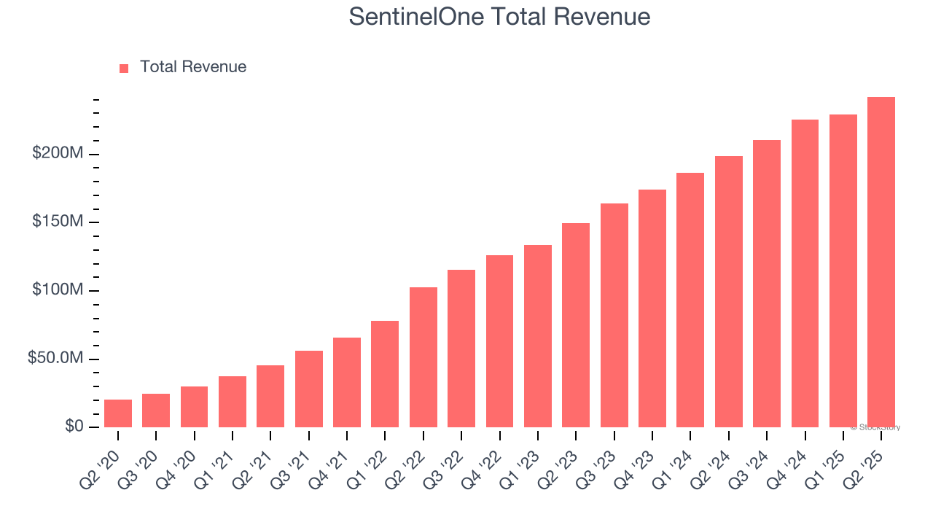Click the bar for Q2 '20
118,413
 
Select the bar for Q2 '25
881,262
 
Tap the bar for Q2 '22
423,357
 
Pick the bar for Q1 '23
538,336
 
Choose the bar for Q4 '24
805,273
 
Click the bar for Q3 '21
309,389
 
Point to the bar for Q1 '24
690,300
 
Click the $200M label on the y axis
58,154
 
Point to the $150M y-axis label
58,222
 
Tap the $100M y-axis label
58,290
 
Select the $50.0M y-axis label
55,359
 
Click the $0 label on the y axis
73,427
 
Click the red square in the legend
124,68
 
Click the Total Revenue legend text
193,67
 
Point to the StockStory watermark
875,427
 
